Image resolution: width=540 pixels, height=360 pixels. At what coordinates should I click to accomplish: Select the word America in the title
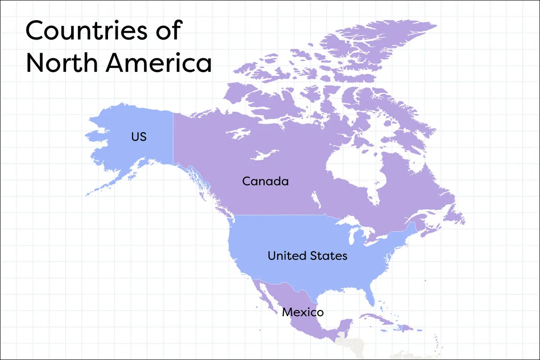tap(158, 63)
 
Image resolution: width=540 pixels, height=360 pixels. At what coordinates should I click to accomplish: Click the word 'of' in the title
tap(169, 31)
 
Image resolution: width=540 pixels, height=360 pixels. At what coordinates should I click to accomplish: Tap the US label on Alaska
tap(139, 136)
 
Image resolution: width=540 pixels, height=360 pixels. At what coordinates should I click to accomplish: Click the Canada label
tap(265, 181)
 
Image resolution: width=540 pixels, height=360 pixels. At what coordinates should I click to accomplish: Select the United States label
tap(307, 256)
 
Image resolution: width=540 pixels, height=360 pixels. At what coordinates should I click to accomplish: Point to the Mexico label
tap(302, 312)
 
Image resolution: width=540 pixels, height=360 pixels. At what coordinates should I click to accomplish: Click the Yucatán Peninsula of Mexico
tap(345, 325)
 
